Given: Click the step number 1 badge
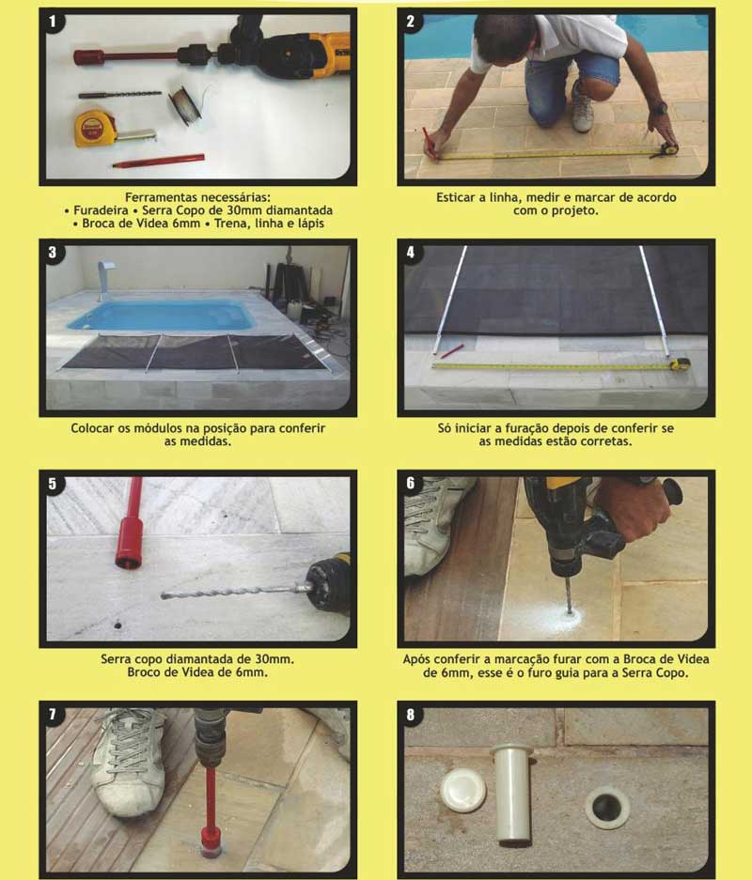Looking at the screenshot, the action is coord(53,22).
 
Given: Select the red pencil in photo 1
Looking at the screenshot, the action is coord(158,162).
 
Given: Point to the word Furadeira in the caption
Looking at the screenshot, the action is coord(102,210).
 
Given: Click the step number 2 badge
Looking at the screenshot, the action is coord(411,22).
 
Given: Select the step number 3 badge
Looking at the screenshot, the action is coord(53,253).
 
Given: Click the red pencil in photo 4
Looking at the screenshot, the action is coord(451,351).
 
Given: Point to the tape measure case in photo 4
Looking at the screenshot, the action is coord(681,363).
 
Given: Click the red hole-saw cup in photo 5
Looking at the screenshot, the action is coord(129,543).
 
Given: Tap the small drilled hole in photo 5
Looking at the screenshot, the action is coord(117,625).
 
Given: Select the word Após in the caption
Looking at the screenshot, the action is coord(416,659).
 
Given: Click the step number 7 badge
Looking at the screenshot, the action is coord(53,715).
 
